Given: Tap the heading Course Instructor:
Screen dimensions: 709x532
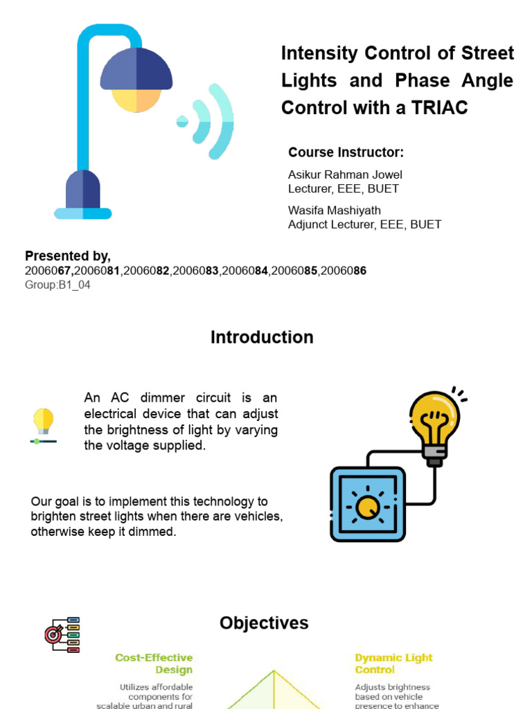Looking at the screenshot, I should click(346, 152).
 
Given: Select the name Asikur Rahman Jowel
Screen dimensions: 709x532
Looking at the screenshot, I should click(345, 174).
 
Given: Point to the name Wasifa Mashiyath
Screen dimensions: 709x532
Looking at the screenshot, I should click(335, 210).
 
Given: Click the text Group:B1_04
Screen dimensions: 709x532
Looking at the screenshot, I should click(57, 285).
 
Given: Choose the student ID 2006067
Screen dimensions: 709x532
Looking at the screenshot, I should click(48, 271).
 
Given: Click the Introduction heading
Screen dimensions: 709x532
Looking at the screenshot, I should click(262, 337).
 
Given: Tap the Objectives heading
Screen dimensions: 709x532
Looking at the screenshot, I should click(264, 623).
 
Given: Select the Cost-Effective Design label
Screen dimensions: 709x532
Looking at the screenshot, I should click(154, 663).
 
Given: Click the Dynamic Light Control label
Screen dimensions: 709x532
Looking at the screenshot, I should click(393, 663).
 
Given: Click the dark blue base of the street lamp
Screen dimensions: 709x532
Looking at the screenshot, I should click(83, 190).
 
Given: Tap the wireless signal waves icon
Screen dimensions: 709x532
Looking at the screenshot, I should click(208, 121).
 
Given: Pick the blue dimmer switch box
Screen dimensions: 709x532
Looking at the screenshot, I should click(367, 504).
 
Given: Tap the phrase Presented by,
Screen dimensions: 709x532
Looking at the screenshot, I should click(68, 256).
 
